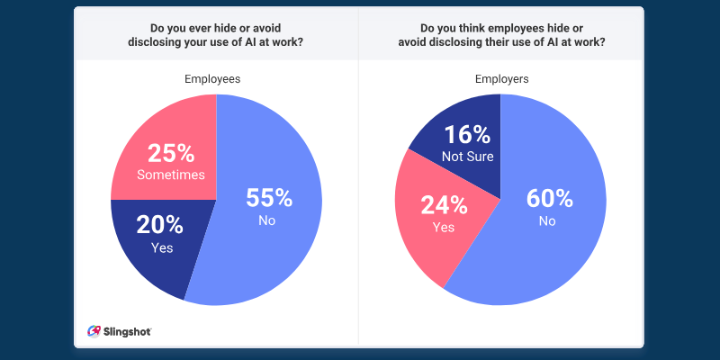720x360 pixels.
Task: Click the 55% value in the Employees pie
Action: point(270,198)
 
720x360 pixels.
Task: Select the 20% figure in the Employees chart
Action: point(161,225)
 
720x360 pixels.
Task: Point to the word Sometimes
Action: point(169,175)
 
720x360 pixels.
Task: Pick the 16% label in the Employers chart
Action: point(466,135)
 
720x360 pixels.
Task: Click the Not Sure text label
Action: point(466,157)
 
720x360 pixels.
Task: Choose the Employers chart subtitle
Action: point(501,79)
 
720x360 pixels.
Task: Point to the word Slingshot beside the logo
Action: point(126,331)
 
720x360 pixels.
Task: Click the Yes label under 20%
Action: point(161,247)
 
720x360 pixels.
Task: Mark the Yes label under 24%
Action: point(443,227)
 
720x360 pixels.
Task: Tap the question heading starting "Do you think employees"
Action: point(501,34)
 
